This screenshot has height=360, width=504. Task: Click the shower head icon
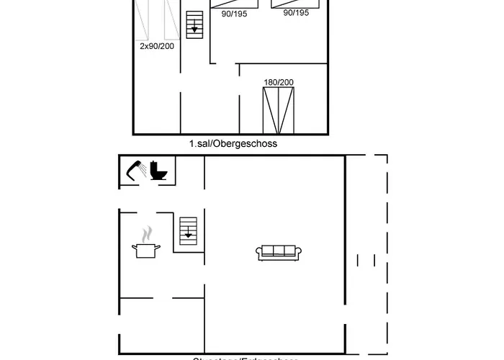pos(135,170)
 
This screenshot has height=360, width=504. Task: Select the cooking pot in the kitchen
pos(146,249)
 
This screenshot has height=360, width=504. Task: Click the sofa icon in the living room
pos(279,251)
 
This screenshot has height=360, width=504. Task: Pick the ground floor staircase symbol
pos(188,229)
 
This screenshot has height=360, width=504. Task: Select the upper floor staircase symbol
pos(195,24)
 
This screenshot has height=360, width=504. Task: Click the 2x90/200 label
pos(156,45)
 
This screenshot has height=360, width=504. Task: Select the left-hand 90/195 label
pos(234,13)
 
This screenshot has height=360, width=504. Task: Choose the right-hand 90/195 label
pos(296,13)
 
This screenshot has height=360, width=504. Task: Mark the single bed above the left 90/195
pos(234,4)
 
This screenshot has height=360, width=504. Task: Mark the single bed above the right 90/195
pos(296,4)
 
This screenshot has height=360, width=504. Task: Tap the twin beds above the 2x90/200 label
pos(157,18)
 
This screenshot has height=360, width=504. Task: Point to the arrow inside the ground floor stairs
pos(188,232)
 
